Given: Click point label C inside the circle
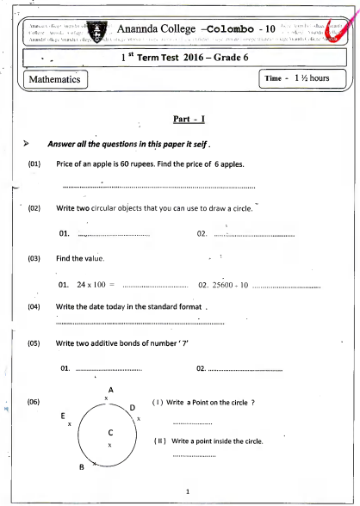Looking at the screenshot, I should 110,432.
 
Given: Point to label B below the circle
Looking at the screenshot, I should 81,467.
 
